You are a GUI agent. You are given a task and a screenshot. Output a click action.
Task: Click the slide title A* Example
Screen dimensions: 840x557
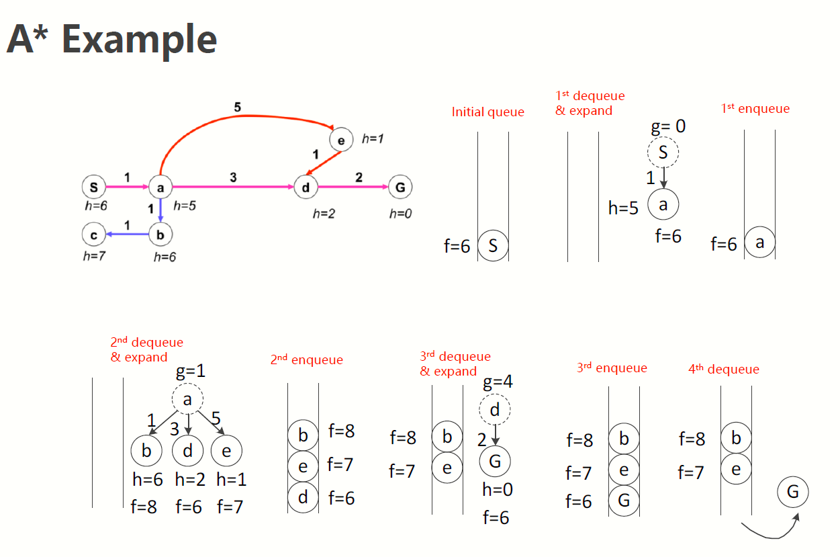pos(111,39)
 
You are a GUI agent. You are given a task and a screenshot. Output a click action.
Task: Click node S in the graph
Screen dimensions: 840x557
pos(93,187)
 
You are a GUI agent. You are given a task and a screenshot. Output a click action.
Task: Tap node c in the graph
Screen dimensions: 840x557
pos(93,234)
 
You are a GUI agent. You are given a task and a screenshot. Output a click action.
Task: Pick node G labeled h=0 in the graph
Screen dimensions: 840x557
pos(400,187)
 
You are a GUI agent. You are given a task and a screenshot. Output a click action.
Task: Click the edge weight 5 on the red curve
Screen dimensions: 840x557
pos(238,106)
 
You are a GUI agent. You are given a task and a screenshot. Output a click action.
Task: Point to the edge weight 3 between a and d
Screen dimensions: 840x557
pos(233,177)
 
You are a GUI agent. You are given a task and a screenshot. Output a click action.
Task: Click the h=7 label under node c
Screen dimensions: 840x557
pos(94,255)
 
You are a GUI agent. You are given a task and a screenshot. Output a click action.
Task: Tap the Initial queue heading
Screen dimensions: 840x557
pos(487,112)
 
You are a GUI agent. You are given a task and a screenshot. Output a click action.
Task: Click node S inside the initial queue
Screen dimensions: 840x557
pos(493,246)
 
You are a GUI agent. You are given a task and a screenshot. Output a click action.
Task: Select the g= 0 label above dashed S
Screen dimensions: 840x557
pos(668,126)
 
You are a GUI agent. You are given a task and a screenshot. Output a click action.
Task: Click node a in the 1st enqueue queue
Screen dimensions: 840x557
pos(759,243)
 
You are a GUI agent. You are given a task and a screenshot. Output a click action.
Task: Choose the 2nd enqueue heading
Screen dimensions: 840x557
pos(306,360)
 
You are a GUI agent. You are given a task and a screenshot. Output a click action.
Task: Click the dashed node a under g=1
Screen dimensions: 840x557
pos(187,400)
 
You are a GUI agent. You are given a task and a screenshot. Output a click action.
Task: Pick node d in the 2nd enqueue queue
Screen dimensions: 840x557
pos(303,498)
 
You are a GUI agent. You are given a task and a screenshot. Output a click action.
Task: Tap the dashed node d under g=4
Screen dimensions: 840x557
pos(495,410)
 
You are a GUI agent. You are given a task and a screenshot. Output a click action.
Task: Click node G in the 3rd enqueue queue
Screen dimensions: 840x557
pos(624,501)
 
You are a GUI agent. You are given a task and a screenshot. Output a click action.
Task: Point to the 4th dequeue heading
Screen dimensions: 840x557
pos(723,369)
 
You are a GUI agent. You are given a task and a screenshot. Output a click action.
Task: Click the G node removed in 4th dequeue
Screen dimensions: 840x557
pos(793,492)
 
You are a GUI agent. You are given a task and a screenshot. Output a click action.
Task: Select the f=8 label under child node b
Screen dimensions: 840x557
pos(144,507)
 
